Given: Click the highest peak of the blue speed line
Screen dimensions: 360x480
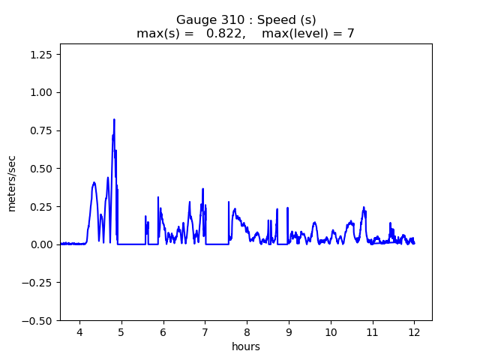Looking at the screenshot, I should coord(114,119).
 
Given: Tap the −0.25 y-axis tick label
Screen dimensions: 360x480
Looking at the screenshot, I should coord(40,283).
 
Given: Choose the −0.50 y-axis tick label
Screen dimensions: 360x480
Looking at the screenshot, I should coord(40,321).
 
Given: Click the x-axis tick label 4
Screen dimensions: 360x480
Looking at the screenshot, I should coord(79,332).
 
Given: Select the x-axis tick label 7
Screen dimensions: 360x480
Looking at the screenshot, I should coord(205,332).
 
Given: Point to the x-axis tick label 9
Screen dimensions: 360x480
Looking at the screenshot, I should coord(289,332).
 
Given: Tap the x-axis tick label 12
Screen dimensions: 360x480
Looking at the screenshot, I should coord(414,332).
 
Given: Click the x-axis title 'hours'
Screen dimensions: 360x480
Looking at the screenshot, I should coord(246,346).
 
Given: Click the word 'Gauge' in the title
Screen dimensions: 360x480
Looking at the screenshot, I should coord(193,20).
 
